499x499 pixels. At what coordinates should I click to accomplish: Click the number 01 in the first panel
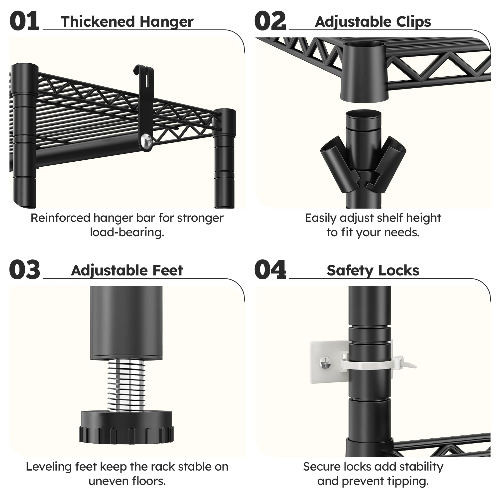point(24,21)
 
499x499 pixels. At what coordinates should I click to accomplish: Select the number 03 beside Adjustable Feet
point(24,270)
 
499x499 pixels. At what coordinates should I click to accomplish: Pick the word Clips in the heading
point(413,22)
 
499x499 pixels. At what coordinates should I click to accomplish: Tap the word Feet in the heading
point(168,270)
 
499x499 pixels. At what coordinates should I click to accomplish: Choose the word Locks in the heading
point(399,270)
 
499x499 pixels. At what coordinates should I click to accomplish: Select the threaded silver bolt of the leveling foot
point(126,386)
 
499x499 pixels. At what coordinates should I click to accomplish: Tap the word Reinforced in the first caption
point(60,218)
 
